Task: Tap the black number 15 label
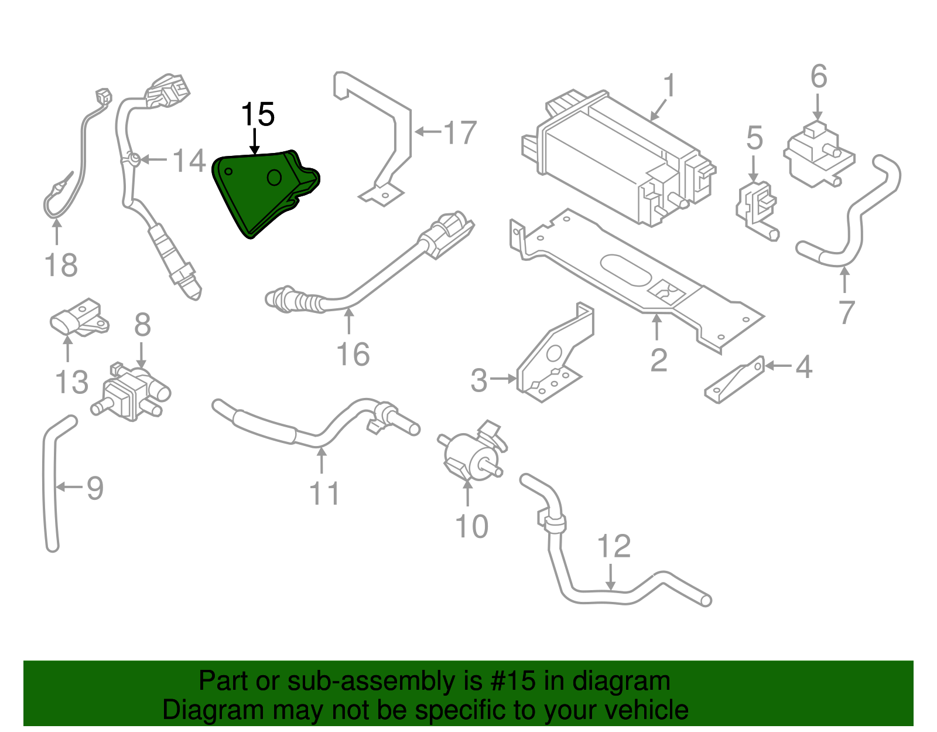258,114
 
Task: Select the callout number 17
460,132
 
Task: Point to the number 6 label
818,77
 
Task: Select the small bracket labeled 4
735,381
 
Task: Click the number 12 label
613,546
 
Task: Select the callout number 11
324,493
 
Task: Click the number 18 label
61,265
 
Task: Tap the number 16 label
353,354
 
